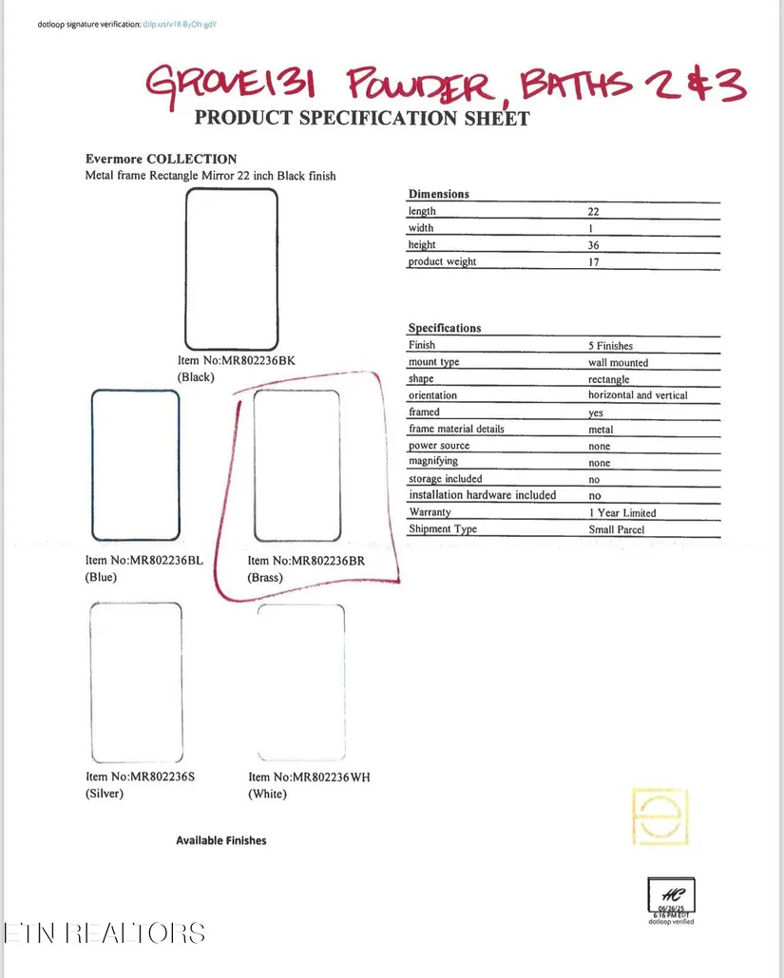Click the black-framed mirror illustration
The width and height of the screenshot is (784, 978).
pos(232,270)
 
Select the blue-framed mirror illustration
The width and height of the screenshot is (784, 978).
pos(135,465)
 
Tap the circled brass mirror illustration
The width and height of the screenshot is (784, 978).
pos(297,465)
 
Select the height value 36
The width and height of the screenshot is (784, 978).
pos(594,245)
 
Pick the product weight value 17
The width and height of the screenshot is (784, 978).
pos(594,262)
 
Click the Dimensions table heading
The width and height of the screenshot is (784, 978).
pos(439,194)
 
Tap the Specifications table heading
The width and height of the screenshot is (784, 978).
pos(445,328)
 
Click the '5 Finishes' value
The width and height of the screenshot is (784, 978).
pos(610,346)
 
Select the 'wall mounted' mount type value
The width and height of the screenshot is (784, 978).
pos(618,362)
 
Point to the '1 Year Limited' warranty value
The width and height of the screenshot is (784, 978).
pos(621,512)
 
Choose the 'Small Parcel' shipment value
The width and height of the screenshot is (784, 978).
pos(617,529)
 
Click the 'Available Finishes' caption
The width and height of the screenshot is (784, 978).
pos(221,840)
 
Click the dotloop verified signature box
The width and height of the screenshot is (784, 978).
pos(672,898)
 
